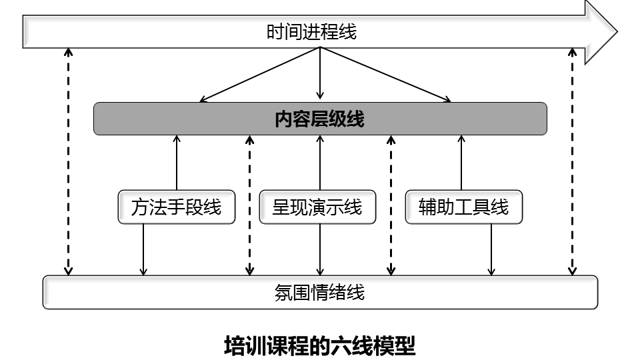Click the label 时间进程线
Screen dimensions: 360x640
(311, 32)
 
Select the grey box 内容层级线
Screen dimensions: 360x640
(320, 119)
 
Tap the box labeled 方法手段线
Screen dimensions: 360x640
(176, 207)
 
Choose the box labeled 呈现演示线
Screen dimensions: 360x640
(317, 207)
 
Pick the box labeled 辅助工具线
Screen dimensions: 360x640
(463, 207)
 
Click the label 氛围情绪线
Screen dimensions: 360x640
(320, 292)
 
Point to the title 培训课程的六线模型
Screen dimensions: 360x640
(320, 347)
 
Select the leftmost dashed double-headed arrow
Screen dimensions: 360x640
(68, 160)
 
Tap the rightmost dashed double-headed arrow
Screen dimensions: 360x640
(572, 160)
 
